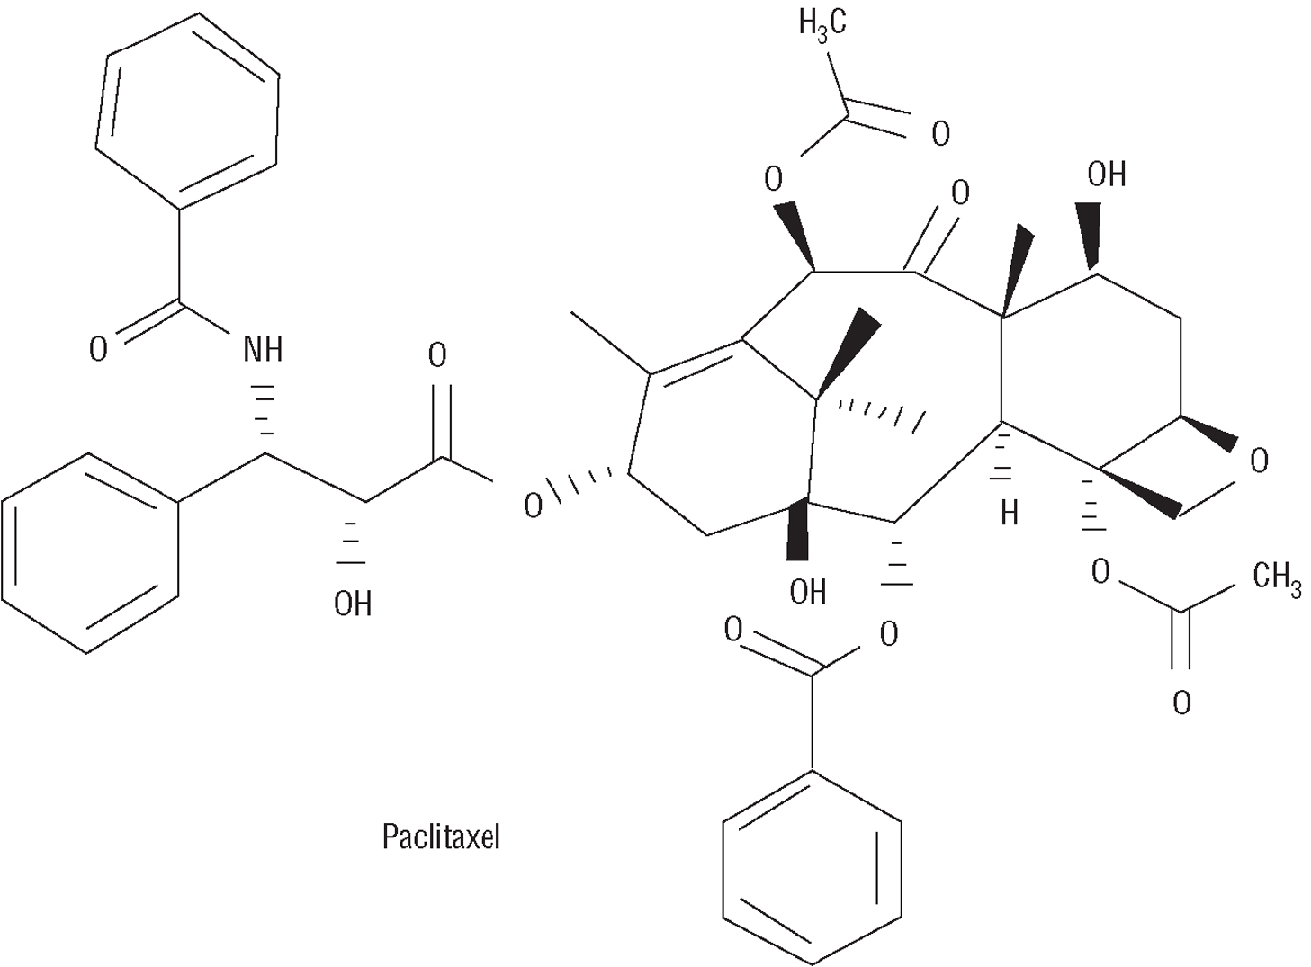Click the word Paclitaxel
pos(440,837)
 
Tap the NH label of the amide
pos(263,348)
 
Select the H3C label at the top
pos(822,23)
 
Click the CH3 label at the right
pos(1276,577)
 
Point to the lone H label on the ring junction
pos(1010,514)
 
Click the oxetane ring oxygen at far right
pos(1259,461)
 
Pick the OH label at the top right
pos(1106,174)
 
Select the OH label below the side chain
pos(353,604)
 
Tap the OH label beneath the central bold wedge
pos(807,591)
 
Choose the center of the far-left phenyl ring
pos(89,552)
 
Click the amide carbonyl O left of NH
pos(98,349)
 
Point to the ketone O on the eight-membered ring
pos(960,193)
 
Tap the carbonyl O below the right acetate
pos(1181,702)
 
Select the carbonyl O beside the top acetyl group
pos(940,135)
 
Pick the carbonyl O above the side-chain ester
pos(437,356)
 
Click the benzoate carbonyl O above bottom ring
pos(733,631)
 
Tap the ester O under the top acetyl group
pos(773,180)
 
